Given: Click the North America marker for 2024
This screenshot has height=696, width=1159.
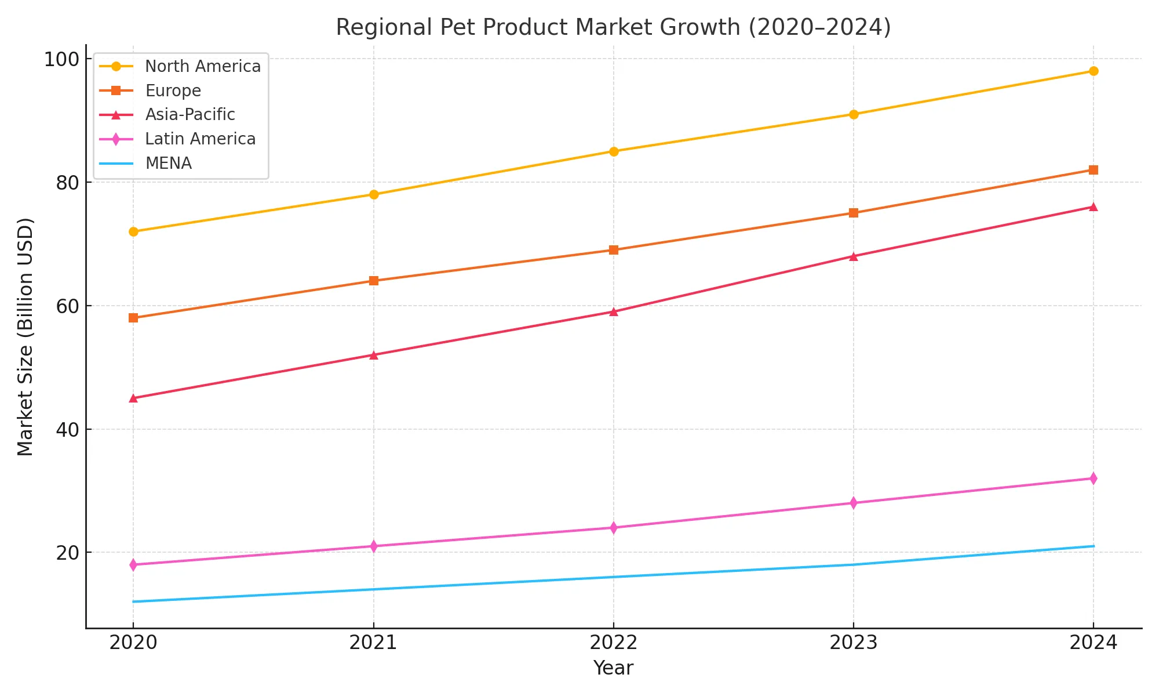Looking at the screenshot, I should pyautogui.click(x=1093, y=71).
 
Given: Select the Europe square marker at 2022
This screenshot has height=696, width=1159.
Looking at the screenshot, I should pyautogui.click(x=613, y=250).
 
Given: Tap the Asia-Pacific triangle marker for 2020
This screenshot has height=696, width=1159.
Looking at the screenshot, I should pyautogui.click(x=133, y=398).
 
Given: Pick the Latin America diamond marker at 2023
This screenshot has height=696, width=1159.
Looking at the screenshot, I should pyautogui.click(x=853, y=503).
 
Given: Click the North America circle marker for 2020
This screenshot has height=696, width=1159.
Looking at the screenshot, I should pyautogui.click(x=133, y=231).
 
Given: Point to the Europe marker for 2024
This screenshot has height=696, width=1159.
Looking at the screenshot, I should pyautogui.click(x=1093, y=170).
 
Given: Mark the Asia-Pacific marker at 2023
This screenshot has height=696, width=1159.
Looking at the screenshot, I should pyautogui.click(x=853, y=256).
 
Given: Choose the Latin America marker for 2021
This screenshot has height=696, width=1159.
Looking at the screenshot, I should pyautogui.click(x=373, y=546).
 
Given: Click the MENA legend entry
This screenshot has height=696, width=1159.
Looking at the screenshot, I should pyautogui.click(x=168, y=164).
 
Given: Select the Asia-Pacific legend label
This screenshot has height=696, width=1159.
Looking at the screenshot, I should pyautogui.click(x=190, y=115).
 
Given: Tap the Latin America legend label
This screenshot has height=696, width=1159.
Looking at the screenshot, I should pyautogui.click(x=200, y=139).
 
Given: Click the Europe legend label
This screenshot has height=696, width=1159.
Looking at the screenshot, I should pyautogui.click(x=173, y=91).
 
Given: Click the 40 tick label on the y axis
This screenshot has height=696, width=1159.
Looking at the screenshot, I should pyautogui.click(x=67, y=430).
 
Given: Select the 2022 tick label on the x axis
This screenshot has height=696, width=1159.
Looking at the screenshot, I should pyautogui.click(x=613, y=643).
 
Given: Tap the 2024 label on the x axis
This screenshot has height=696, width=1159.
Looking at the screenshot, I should pyautogui.click(x=1093, y=643).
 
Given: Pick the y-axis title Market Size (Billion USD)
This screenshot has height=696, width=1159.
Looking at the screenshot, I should pyautogui.click(x=25, y=336).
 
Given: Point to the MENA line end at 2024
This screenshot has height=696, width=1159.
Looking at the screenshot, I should pyautogui.click(x=1093, y=546).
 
